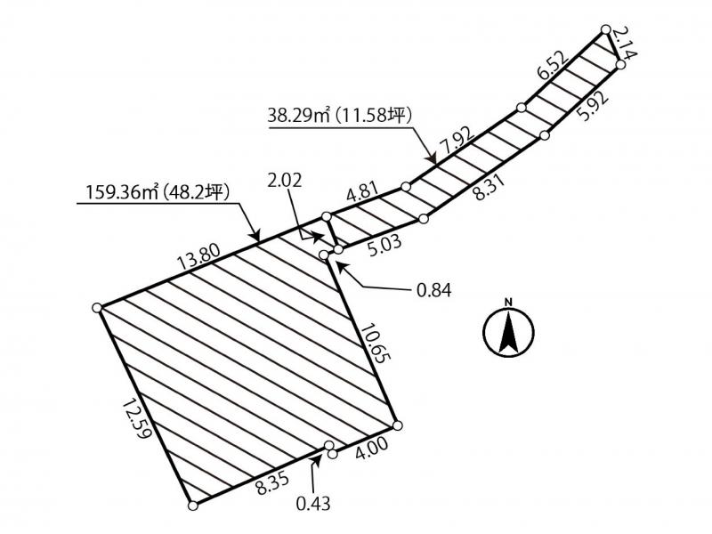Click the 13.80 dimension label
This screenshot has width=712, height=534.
point(199,257)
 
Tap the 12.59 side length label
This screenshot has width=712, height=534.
point(137,418)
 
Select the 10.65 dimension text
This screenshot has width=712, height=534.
point(376,344)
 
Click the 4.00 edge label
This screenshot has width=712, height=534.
point(371,449)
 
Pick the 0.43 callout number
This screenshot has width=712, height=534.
point(313,503)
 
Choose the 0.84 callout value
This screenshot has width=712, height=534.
point(434,290)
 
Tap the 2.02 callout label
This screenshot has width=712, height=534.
point(285,181)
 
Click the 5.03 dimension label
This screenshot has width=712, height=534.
point(384,246)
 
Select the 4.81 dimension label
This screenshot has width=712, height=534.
point(362,191)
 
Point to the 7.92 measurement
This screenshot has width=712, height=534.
point(457,141)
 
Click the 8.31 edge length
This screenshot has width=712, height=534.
point(489,187)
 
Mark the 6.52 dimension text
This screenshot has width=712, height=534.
point(552,66)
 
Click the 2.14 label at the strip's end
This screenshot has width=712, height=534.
point(624,42)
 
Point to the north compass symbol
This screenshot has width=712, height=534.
point(508,332)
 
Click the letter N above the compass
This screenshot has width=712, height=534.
point(508,302)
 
